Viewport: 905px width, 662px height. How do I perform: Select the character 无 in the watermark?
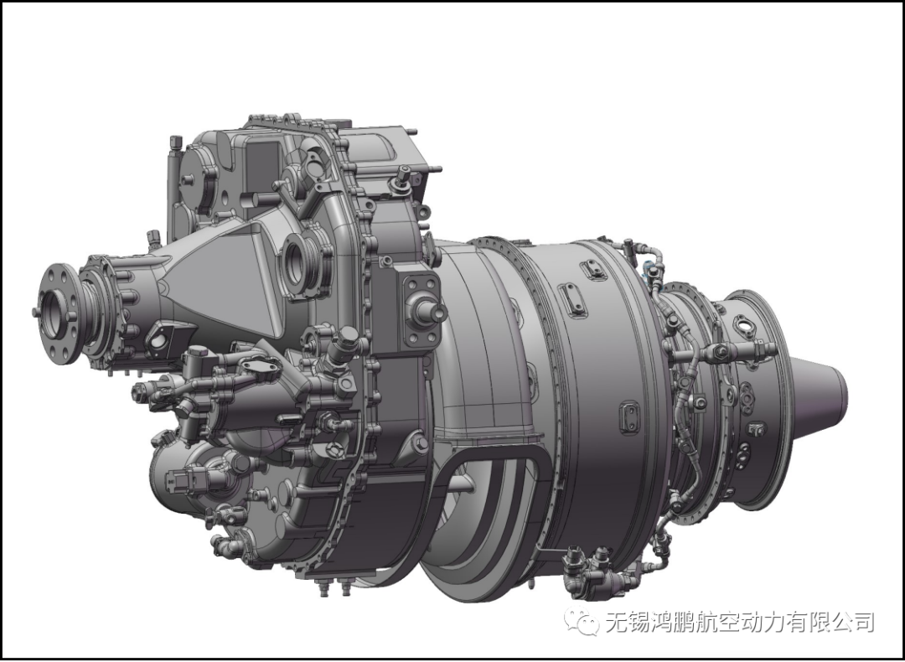[617, 622]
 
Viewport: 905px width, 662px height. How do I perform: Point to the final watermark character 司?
[863, 622]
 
